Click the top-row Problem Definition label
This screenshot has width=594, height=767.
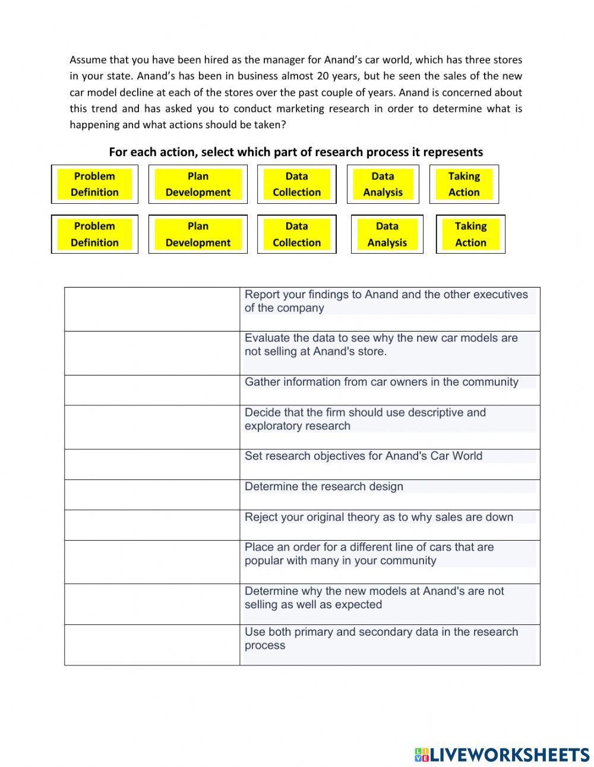coord(94,184)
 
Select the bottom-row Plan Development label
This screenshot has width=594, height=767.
coord(198,234)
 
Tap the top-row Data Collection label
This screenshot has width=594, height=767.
coord(296,184)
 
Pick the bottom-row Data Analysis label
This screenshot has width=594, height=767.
coord(387,234)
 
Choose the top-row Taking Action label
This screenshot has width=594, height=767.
coord(464,184)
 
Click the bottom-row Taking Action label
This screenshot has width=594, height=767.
coord(470,234)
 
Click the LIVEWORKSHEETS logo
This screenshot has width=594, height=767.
coord(502,755)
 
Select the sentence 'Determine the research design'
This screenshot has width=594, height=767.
coord(324,487)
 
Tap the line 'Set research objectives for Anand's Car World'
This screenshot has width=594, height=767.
coord(363,456)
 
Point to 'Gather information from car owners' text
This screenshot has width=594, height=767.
coord(381,382)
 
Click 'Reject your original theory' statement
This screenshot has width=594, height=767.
coord(378,517)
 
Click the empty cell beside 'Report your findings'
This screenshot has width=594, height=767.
coord(152,309)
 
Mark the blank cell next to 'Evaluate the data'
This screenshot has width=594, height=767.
coord(152,353)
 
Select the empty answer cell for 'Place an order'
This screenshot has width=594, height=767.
coord(152,561)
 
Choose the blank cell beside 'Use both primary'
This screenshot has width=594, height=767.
coord(152,645)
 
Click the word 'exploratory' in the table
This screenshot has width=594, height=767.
coord(274,426)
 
